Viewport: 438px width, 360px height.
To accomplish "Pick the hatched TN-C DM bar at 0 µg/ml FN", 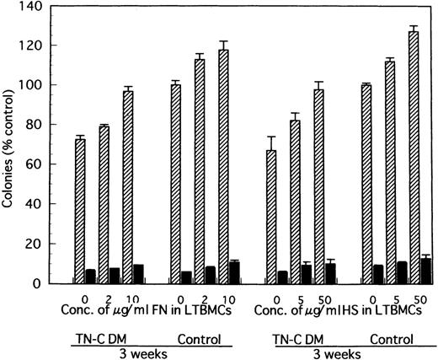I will pyautogui.click(x=79, y=211).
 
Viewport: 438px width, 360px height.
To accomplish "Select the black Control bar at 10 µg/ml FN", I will pyautogui.click(x=234, y=273).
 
